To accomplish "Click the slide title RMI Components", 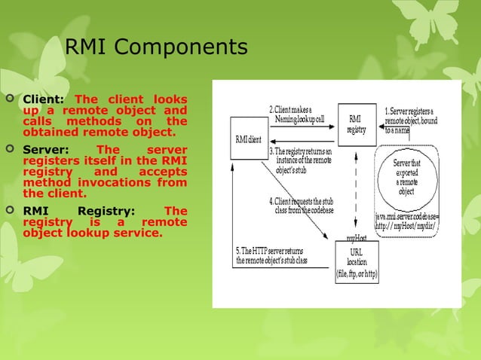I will click(156, 47).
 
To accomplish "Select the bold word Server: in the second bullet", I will click(46, 151).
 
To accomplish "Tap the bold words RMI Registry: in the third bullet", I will click(79, 212).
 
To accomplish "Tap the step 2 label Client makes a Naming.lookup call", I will click(299, 114).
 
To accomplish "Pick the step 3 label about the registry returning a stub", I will click(302, 160).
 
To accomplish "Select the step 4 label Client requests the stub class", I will click(302, 205).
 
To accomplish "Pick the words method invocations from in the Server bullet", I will click(105, 183).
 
